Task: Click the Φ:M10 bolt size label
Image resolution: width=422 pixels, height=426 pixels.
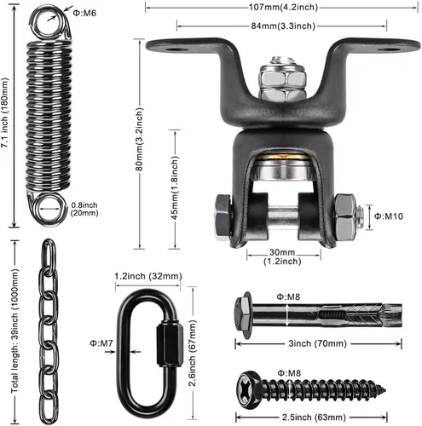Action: pyautogui.click(x=389, y=216)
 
